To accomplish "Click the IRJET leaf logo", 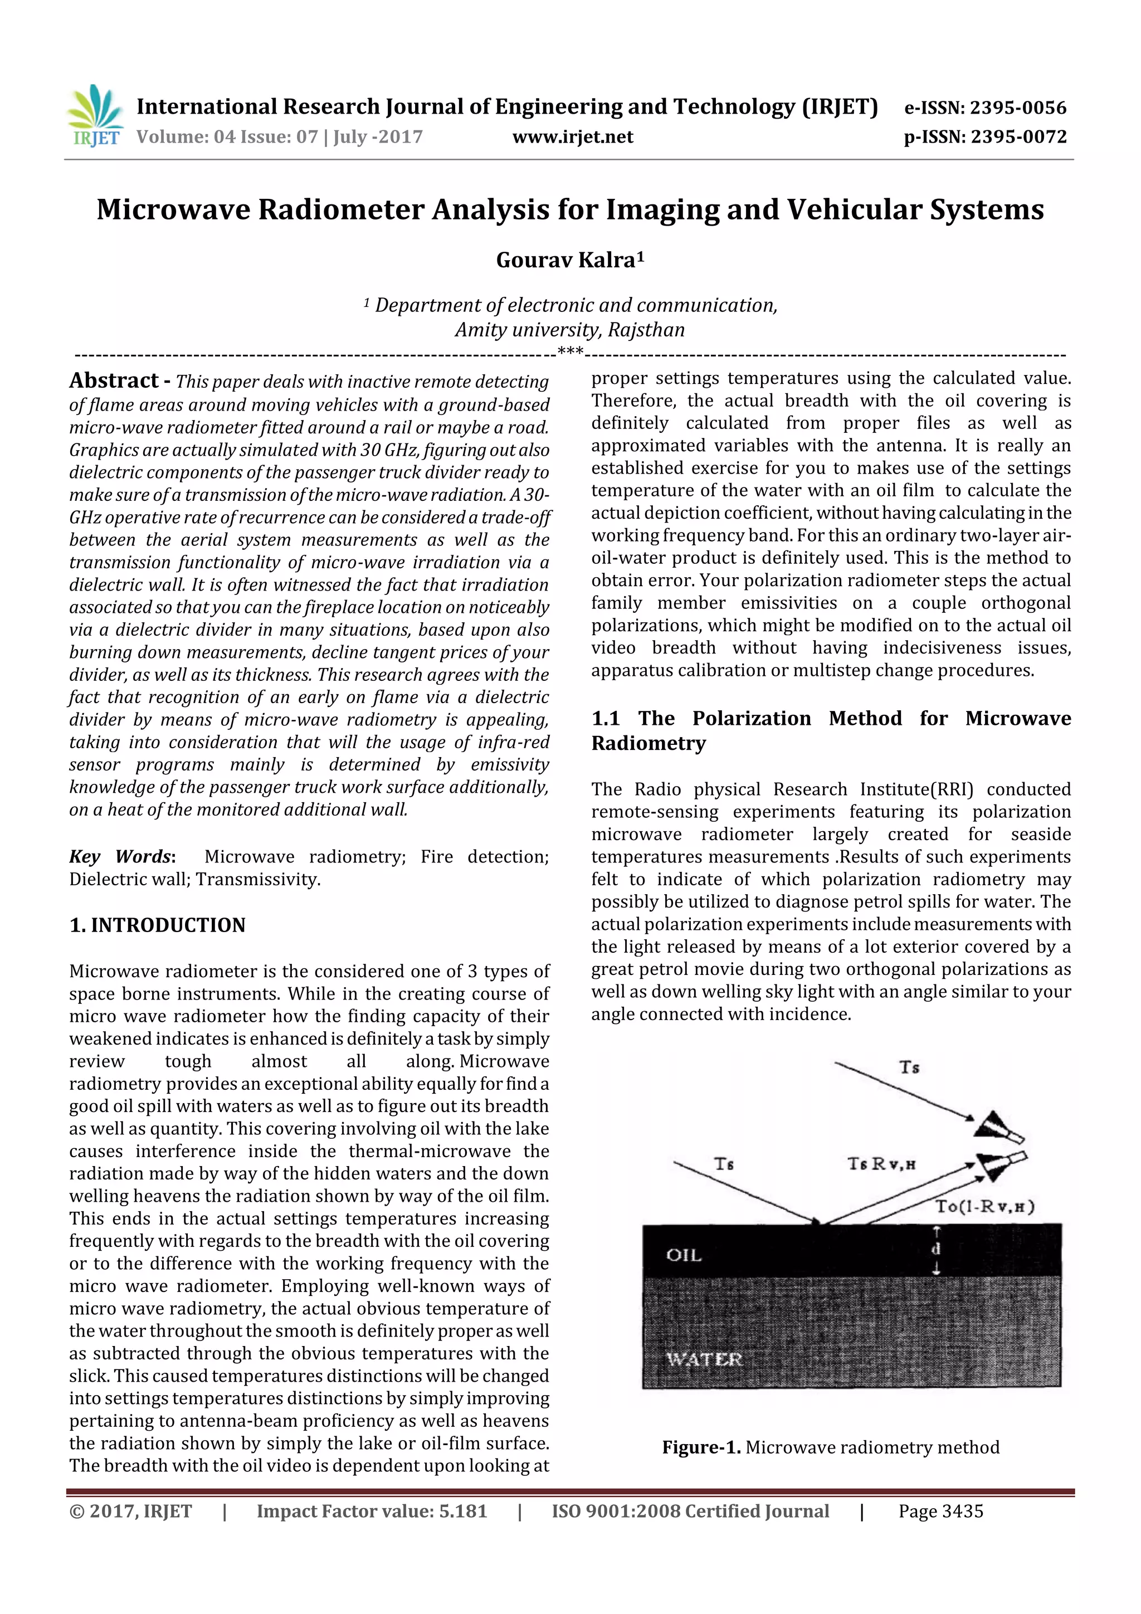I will [95, 115].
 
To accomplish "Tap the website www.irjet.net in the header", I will [572, 137].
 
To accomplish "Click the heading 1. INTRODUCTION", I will [158, 925].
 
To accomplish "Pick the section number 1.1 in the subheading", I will [605, 719].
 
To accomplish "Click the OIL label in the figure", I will [684, 1255].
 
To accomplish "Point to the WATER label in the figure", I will [704, 1359].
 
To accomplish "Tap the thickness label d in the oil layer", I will [936, 1249].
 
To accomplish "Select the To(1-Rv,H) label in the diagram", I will [984, 1206].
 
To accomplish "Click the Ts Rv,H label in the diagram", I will [881, 1164].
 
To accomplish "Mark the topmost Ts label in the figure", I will [909, 1067].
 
